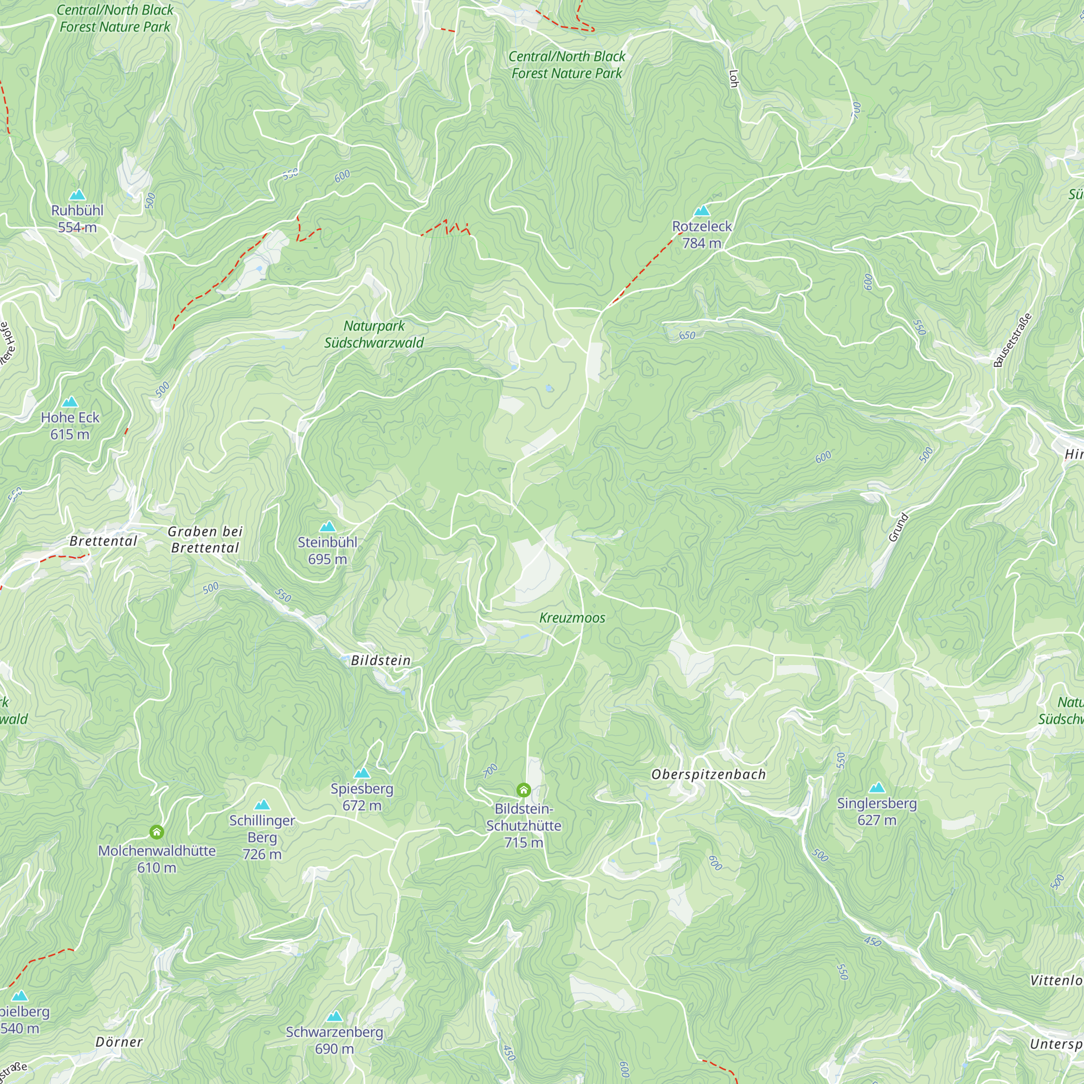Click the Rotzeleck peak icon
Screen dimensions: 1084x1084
pyautogui.click(x=702, y=211)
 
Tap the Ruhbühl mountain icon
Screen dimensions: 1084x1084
pyautogui.click(x=78, y=195)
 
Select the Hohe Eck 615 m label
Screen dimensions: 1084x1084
pyautogui.click(x=69, y=426)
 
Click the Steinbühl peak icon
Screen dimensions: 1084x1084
pyautogui.click(x=328, y=526)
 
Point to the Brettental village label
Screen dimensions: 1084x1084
pyautogui.click(x=103, y=541)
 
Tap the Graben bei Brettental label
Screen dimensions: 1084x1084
pyautogui.click(x=205, y=539)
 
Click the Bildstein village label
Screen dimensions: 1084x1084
pyautogui.click(x=380, y=660)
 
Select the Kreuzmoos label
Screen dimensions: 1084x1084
pyautogui.click(x=572, y=618)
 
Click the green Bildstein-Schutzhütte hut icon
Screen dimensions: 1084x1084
pyautogui.click(x=524, y=791)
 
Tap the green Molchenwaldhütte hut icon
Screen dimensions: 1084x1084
pyautogui.click(x=157, y=832)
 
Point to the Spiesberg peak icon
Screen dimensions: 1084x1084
pyautogui.click(x=362, y=773)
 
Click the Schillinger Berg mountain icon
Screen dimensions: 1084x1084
pyautogui.click(x=262, y=805)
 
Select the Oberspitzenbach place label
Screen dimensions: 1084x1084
pyautogui.click(x=708, y=775)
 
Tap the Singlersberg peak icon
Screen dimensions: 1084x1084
pyautogui.click(x=877, y=788)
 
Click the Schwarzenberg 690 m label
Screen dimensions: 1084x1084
pyautogui.click(x=334, y=1040)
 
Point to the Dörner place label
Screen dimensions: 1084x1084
pyautogui.click(x=119, y=1042)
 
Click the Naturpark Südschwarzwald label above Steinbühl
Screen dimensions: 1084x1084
pyautogui.click(x=373, y=334)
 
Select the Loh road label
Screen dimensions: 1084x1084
pyautogui.click(x=733, y=79)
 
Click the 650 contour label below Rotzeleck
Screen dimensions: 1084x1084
pyautogui.click(x=687, y=335)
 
